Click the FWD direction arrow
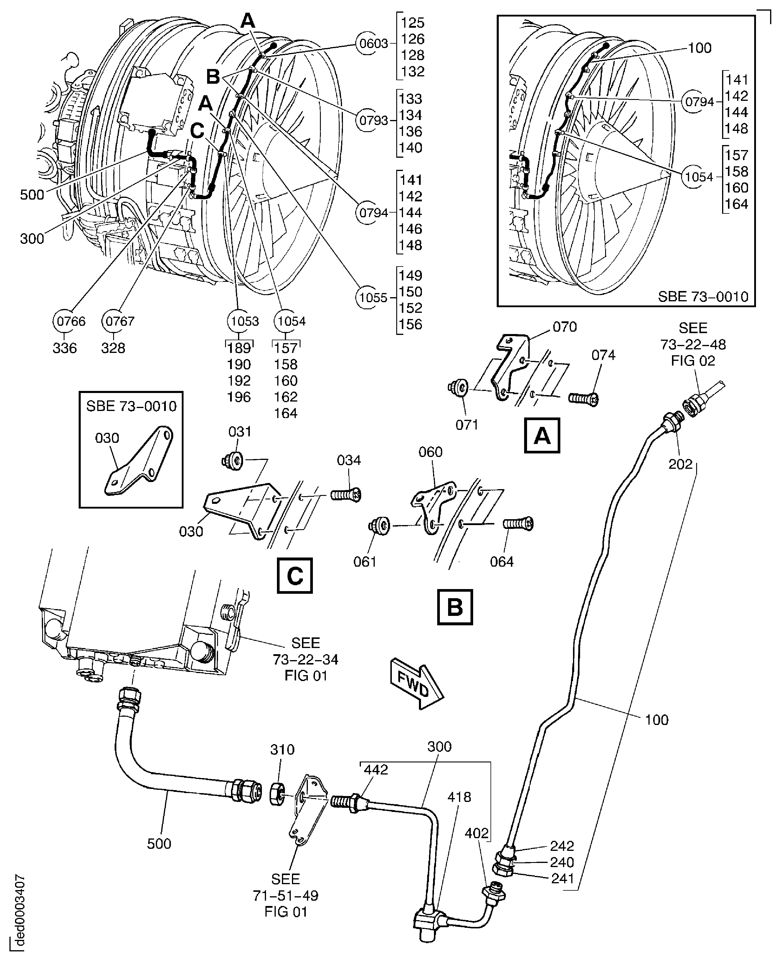pos(417,683)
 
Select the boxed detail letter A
pos(542,435)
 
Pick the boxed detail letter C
pos(295,576)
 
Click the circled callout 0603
pos(374,44)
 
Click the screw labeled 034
pos(346,495)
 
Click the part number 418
pos(459,797)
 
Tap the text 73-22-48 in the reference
pos(693,344)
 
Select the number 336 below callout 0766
pos(65,348)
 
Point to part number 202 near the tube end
pos(680,464)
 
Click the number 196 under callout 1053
pos(239,397)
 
